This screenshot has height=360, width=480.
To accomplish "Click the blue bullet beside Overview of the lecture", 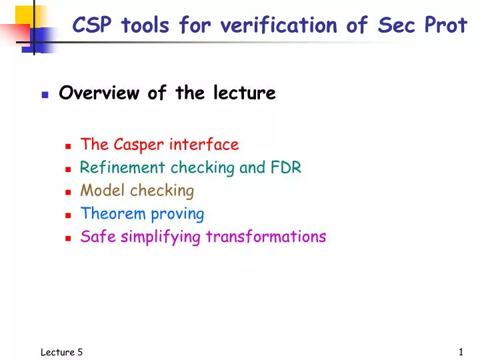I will (x=45, y=95).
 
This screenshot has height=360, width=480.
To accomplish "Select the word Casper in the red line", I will (x=139, y=145).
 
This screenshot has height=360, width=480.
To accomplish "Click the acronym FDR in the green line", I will (x=286, y=167).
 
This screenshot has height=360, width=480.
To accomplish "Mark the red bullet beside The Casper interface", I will (x=69, y=146).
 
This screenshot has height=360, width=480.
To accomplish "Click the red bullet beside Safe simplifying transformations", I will (x=69, y=238).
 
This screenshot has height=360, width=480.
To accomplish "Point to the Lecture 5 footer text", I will (x=61, y=352).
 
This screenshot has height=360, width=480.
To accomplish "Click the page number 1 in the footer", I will (x=461, y=352).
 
